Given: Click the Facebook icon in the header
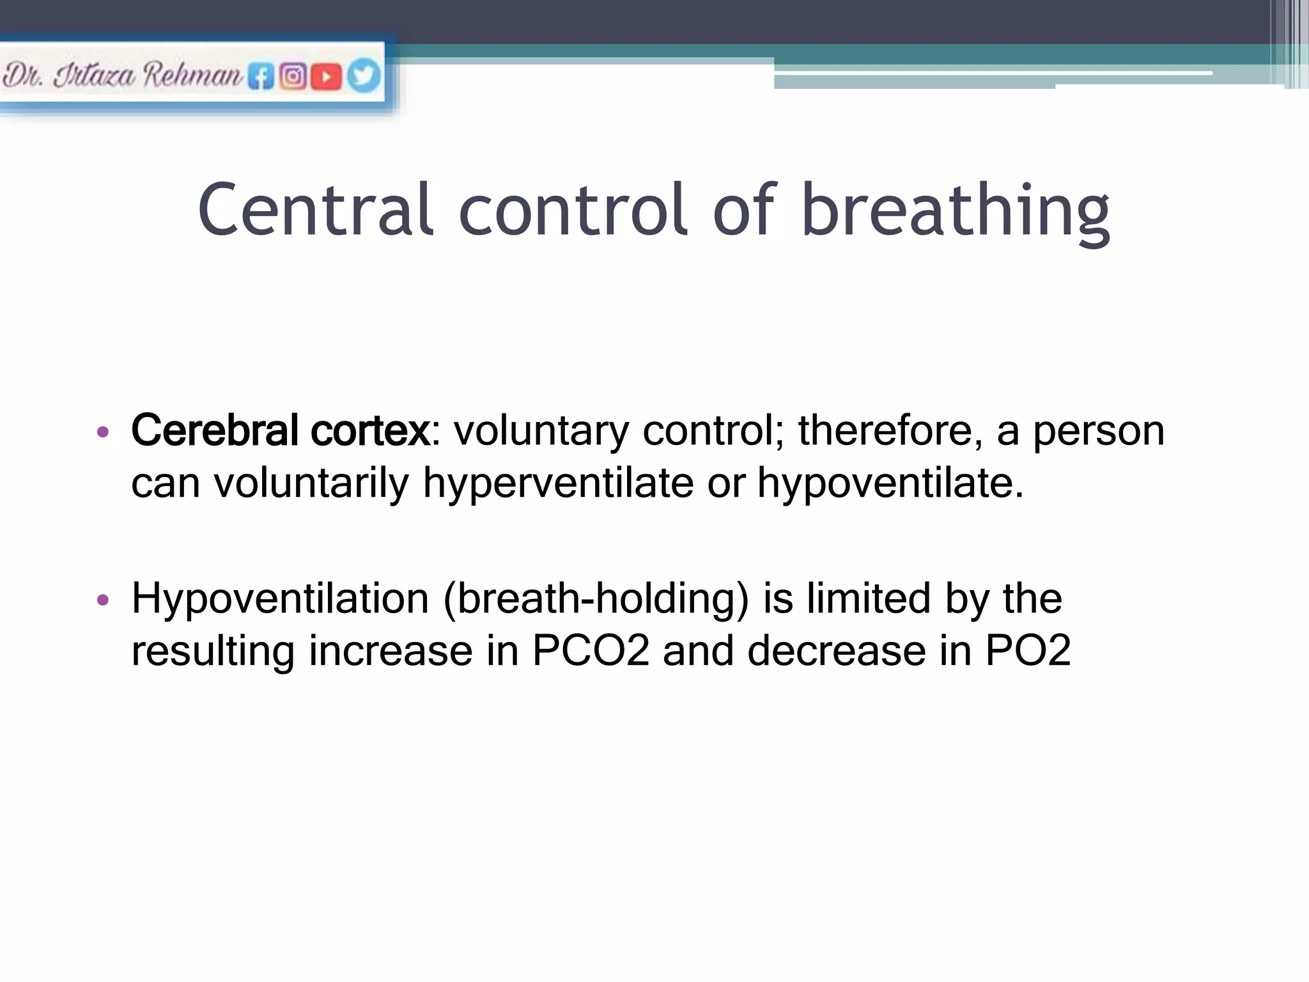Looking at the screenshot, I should click(261, 77).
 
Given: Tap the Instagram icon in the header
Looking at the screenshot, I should click(293, 77).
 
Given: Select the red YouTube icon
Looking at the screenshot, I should click(326, 77).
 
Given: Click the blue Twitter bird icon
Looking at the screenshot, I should click(364, 75).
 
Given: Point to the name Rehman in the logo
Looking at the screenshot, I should click(192, 75).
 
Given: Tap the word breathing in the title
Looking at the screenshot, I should click(955, 211).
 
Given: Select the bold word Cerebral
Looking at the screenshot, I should click(215, 430).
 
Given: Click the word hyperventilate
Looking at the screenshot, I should click(558, 483).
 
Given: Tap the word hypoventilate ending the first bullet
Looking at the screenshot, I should click(890, 483).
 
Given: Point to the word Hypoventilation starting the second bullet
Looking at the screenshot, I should click(280, 600).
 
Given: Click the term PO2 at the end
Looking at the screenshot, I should click(1028, 651).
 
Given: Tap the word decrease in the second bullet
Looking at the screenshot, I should click(837, 651).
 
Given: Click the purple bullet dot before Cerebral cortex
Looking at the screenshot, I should click(102, 432).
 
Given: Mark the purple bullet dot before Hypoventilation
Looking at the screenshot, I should click(102, 600).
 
